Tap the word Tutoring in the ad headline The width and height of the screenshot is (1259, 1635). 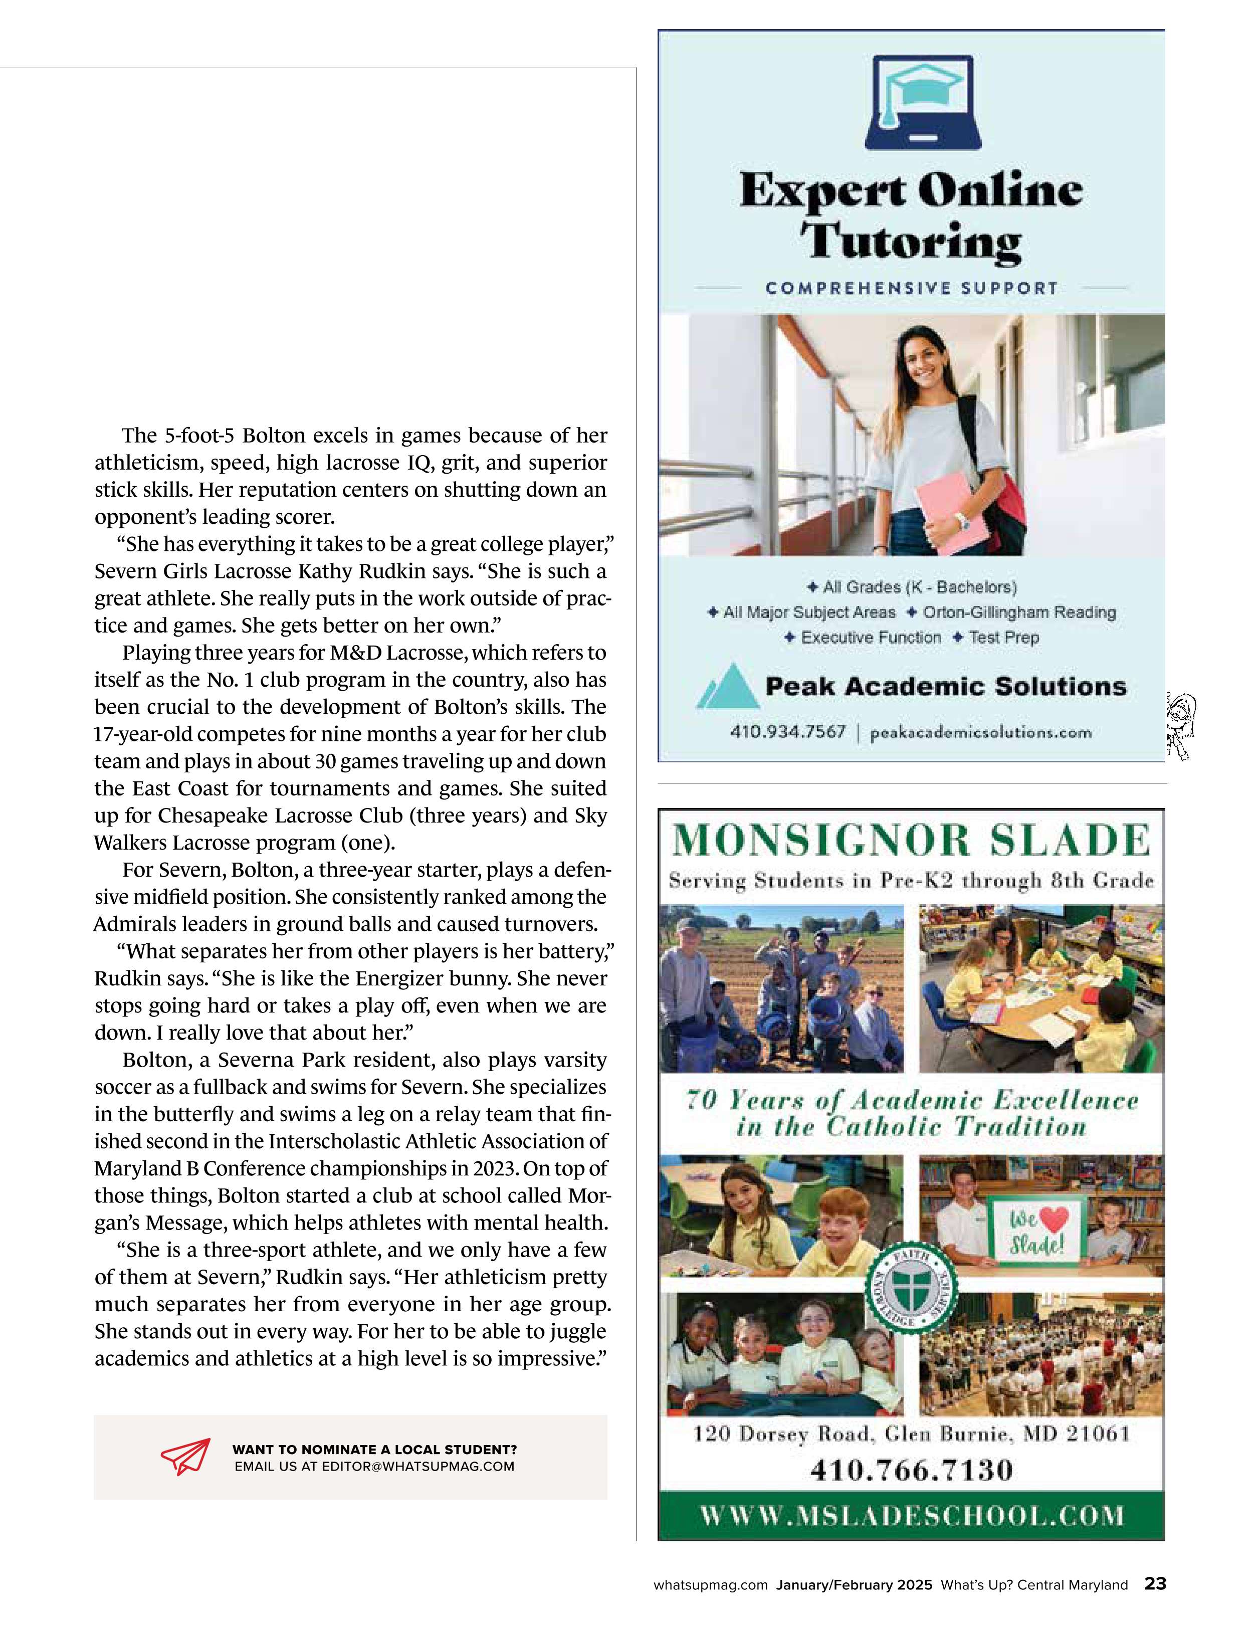[x=911, y=243]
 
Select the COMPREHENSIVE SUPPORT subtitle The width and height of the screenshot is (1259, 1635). [x=912, y=288]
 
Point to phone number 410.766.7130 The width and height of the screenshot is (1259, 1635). [x=911, y=1470]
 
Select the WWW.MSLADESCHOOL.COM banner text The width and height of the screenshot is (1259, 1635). [x=911, y=1516]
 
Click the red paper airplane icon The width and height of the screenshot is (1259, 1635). [x=185, y=1456]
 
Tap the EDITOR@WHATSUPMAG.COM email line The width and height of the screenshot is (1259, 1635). [x=374, y=1466]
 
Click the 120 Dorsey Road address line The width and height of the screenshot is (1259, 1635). [x=911, y=1434]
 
